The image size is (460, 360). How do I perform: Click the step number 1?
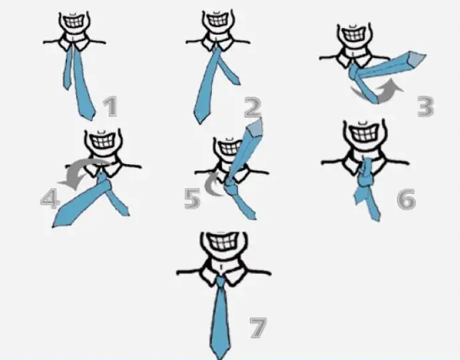[110, 107]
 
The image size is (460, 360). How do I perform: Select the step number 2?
[253, 107]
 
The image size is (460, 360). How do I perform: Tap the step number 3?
[425, 107]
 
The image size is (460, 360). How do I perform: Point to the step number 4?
[50, 199]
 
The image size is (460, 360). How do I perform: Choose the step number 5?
[193, 199]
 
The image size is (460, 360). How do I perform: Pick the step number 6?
[406, 199]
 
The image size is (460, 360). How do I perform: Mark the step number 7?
[258, 327]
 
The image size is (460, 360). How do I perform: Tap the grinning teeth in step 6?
[365, 135]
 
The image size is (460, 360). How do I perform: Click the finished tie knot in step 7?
[221, 282]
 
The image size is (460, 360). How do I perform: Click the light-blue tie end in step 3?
[417, 59]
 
